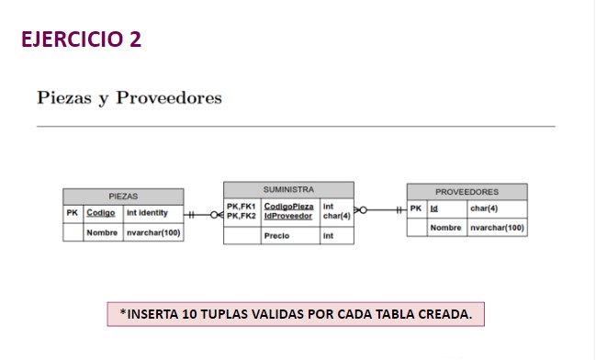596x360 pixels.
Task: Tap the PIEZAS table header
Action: [x=122, y=196]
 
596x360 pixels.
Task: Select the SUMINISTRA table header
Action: [x=288, y=188]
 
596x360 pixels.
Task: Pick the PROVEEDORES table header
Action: [x=467, y=191]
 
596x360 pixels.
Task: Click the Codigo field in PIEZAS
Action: [x=100, y=212]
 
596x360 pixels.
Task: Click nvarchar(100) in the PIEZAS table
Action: [x=153, y=232]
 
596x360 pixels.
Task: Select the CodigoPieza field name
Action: [x=288, y=206]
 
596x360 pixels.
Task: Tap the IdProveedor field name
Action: [x=288, y=216]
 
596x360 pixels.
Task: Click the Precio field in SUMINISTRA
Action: [x=276, y=236]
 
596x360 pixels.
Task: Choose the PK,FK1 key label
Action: [x=241, y=206]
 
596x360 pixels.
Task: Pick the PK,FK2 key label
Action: [x=241, y=216]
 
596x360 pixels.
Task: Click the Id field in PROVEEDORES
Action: [x=434, y=208]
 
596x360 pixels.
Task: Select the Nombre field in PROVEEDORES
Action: [x=445, y=227]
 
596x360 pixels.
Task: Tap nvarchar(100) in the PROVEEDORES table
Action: [x=496, y=227]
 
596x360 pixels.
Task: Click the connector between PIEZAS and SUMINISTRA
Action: [x=203, y=214]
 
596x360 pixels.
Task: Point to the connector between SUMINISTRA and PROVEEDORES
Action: [x=380, y=210]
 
